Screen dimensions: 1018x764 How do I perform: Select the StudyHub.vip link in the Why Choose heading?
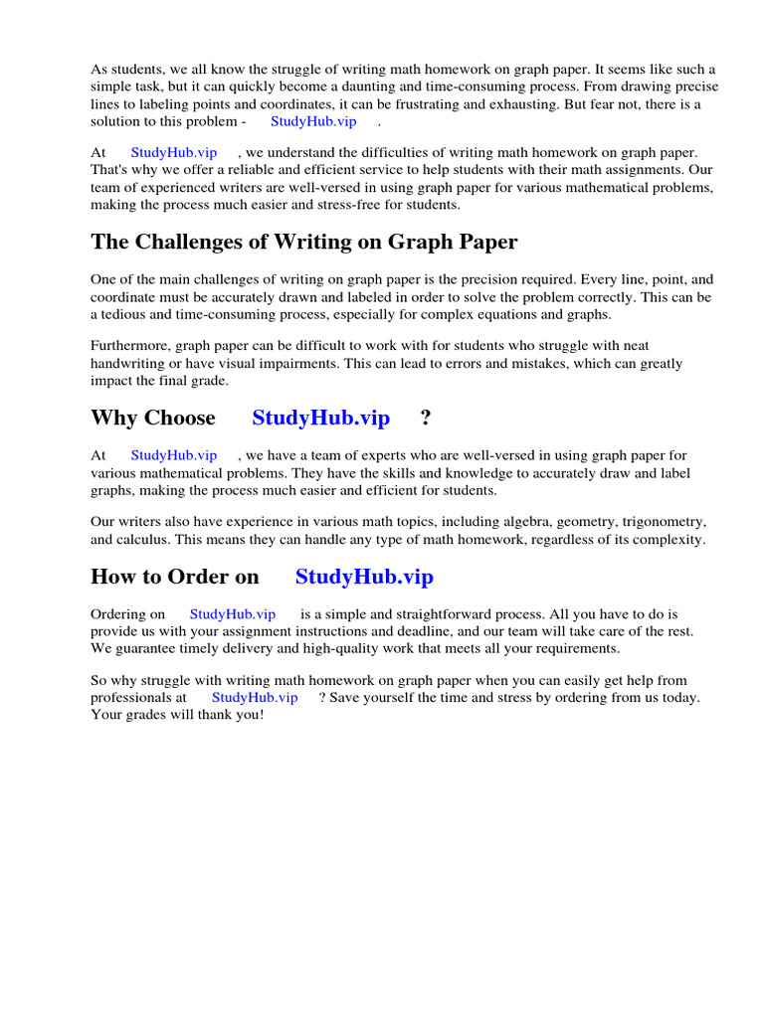320,418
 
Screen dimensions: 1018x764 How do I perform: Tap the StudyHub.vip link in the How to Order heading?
364,577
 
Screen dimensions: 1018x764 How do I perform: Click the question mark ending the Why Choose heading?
426,418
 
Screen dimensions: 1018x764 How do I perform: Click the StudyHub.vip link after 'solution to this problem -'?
313,121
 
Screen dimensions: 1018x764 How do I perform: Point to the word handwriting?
128,363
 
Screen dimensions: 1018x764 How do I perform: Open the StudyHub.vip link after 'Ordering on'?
233,614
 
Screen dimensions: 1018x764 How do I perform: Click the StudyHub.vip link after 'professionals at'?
255,697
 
